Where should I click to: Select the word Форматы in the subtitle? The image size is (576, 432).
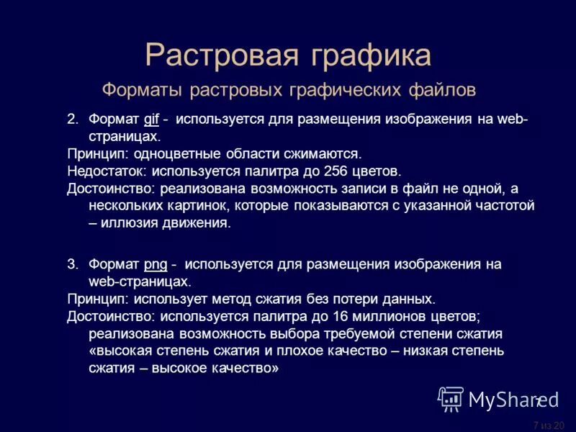pos(142,91)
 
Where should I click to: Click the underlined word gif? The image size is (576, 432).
pos(151,118)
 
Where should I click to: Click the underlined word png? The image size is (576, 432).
pos(156,264)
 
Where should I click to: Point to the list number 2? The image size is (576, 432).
pos(72,118)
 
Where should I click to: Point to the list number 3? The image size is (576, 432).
pos(72,264)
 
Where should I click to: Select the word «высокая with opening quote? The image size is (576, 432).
pos(117,352)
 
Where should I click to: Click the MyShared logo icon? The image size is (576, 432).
pos(451,398)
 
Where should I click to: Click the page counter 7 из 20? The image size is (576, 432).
pos(549,425)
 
